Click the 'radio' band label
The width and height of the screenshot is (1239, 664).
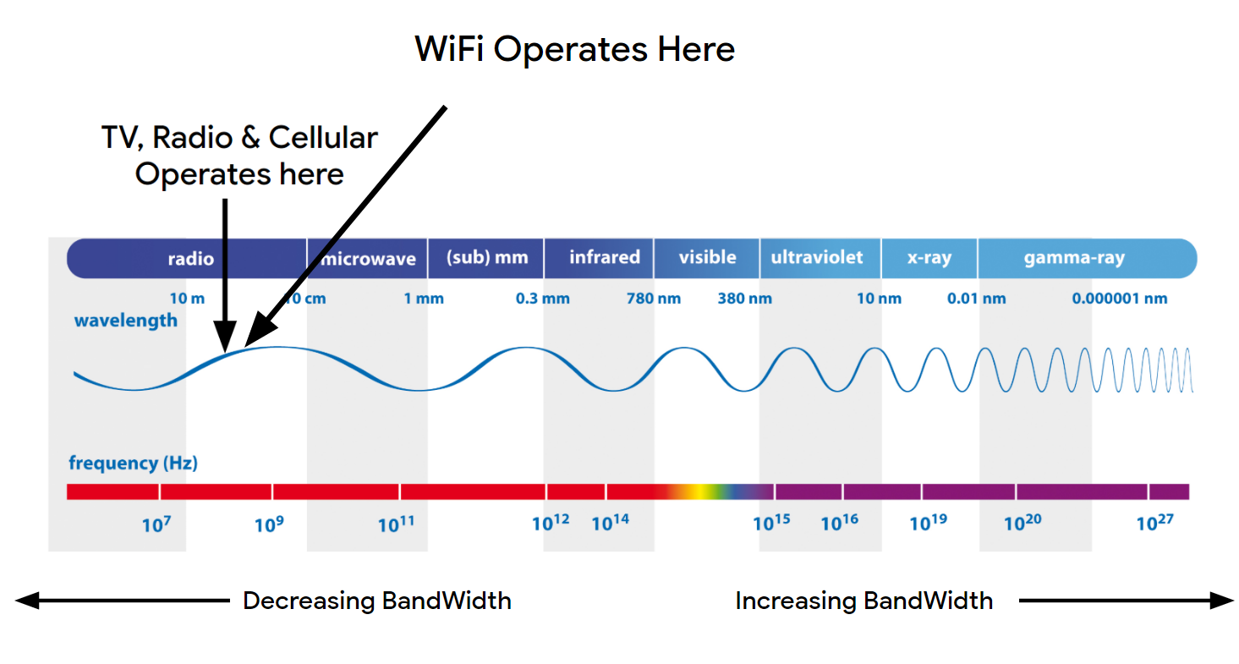(190, 258)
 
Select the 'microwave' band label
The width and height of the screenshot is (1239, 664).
(370, 259)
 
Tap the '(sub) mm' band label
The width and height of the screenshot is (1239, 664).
(486, 257)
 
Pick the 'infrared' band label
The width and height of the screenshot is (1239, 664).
(604, 257)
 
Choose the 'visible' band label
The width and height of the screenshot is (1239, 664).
(707, 257)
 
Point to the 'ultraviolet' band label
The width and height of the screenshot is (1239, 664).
(816, 257)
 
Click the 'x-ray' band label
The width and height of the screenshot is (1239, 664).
(929, 258)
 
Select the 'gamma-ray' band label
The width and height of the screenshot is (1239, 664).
(1074, 258)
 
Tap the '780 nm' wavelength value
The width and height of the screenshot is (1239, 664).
(653, 299)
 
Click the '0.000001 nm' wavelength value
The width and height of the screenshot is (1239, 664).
(1119, 299)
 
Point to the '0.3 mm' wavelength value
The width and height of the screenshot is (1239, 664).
(542, 299)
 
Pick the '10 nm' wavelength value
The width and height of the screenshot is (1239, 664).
(879, 299)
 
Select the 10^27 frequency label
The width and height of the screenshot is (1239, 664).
(1154, 524)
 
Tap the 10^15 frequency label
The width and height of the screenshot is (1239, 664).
(771, 524)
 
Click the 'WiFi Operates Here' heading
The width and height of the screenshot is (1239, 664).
(574, 49)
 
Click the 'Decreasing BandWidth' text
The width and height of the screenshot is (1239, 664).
(376, 601)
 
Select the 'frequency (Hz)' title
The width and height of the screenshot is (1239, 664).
(133, 464)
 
